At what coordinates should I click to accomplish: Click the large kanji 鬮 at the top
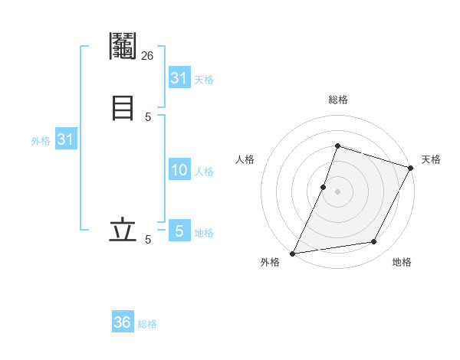tap(123, 47)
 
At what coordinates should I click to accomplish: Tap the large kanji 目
tap(123, 106)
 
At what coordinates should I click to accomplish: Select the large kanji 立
tap(123, 230)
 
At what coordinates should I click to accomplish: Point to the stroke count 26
tap(148, 55)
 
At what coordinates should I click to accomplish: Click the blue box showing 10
tap(179, 170)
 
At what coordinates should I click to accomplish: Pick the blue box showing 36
tap(123, 322)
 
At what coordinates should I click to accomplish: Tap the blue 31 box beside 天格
tap(179, 78)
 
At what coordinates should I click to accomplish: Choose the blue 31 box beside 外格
tap(65, 140)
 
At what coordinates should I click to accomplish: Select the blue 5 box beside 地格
tap(179, 231)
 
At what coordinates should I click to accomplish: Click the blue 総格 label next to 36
tap(147, 324)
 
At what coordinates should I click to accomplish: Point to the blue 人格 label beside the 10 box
tap(205, 172)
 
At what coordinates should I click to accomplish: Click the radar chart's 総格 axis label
tap(337, 100)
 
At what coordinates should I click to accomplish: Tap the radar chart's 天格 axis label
tap(431, 159)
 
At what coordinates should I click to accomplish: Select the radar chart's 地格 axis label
tap(402, 262)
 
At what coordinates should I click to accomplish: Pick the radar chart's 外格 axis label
tap(270, 262)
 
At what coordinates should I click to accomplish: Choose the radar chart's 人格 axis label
tap(245, 159)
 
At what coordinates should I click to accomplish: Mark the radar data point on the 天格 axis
tap(411, 168)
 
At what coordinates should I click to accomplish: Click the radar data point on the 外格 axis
tap(292, 253)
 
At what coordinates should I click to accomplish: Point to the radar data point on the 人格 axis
tap(324, 187)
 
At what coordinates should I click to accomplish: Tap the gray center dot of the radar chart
tap(337, 191)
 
